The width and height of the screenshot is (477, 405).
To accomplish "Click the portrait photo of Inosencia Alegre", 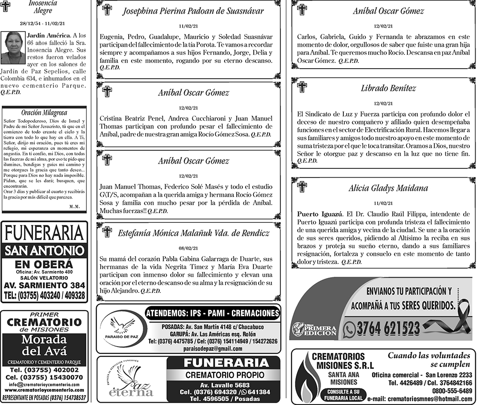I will click(x=13, y=48).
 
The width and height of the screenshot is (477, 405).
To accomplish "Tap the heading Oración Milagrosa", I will click(x=44, y=113).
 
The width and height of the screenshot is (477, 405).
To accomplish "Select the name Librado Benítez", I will click(x=388, y=88).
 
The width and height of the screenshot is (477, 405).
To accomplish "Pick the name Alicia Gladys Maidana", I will click(x=388, y=188).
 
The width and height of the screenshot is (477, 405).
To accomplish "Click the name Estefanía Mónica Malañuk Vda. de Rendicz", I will click(x=193, y=233).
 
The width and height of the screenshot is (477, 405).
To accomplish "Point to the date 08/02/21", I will click(x=188, y=248).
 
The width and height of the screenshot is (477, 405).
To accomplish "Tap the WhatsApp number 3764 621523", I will click(x=388, y=328).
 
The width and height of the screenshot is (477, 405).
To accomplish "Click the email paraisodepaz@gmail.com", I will click(x=212, y=349).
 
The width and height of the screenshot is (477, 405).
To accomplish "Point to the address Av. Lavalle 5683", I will click(x=224, y=385).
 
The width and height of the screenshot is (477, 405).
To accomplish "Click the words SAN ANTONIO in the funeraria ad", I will click(x=44, y=250).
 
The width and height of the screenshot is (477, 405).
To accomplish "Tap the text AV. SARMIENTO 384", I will click(x=44, y=285).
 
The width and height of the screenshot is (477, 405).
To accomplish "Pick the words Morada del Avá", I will click(x=45, y=345).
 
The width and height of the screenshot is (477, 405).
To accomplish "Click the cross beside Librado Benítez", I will click(x=302, y=87).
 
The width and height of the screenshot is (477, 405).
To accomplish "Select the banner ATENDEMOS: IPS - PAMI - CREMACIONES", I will click(x=212, y=313).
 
